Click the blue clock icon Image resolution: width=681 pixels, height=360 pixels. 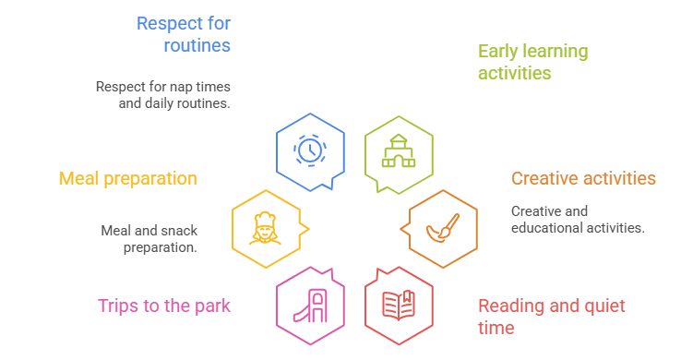click(310, 150)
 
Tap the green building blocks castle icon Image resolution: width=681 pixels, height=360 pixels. click(399, 151)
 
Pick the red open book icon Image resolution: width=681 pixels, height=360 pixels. click(399, 306)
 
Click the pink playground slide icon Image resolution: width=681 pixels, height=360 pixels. click(310, 306)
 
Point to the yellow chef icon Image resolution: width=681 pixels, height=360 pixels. click(265, 228)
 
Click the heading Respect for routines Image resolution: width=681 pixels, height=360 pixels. click(184, 34)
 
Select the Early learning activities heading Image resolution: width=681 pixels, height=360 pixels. click(533, 62)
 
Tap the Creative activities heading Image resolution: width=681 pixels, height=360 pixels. click(583, 178)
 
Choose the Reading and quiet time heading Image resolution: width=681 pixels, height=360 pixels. click(552, 317)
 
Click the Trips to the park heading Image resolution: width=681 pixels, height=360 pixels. click(163, 306)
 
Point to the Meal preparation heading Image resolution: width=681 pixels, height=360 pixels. click(127, 178)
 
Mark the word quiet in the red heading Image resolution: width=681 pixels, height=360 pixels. click(604, 306)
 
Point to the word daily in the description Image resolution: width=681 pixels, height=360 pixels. click(161, 103)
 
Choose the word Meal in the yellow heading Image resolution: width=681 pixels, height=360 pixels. click(78, 178)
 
